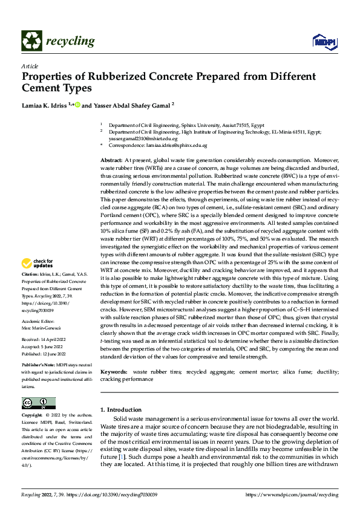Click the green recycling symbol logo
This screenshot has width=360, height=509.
coord(31,41)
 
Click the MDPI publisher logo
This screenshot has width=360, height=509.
coord(324,41)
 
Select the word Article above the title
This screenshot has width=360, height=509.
coord(30,66)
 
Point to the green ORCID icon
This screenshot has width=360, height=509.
coord(77,105)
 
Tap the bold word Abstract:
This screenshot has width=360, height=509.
coord(111,158)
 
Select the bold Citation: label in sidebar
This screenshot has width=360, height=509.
coord(30,274)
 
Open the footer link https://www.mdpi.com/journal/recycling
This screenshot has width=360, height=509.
coord(292,494)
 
